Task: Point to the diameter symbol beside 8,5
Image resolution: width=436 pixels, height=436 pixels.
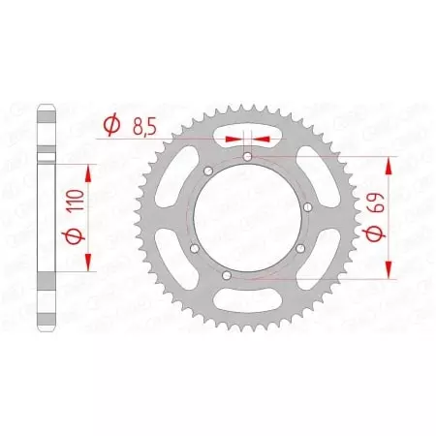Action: coord(111,125)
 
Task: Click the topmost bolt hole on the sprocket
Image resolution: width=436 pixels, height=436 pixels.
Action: coord(248,156)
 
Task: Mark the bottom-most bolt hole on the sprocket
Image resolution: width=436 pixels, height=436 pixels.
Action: coord(226,277)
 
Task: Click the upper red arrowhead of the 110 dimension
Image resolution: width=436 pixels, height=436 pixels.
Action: coord(90,171)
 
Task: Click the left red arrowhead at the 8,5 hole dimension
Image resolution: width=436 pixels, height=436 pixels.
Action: coord(233,139)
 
